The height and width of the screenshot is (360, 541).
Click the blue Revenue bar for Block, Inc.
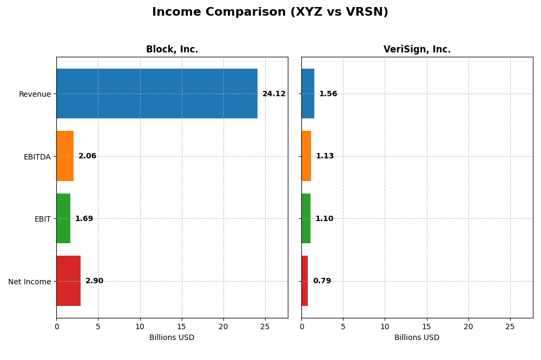point(157,94)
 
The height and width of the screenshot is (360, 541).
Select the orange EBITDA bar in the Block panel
point(65,156)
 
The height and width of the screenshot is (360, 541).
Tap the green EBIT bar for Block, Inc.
point(63,218)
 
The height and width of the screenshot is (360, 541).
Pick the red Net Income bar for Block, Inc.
point(69,281)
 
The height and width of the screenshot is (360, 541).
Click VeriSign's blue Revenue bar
point(308,94)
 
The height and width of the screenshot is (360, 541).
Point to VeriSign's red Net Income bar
point(305,281)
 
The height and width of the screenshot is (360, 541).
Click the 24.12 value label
point(274,94)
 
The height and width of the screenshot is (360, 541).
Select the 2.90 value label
point(94,281)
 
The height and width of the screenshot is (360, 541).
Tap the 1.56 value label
point(328,94)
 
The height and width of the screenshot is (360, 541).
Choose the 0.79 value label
point(322,281)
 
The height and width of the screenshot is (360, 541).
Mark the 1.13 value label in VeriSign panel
point(325,156)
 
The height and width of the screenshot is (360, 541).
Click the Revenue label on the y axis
point(35,94)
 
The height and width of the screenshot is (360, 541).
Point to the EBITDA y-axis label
point(37,157)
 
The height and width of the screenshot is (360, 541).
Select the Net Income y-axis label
point(29,282)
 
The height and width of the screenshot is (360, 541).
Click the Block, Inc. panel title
point(172,50)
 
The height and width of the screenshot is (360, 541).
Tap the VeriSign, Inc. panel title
point(417,50)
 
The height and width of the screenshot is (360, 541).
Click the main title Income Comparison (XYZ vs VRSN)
point(270,12)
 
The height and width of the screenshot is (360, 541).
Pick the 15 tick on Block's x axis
point(182,326)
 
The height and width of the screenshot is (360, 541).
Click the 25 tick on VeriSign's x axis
point(510,326)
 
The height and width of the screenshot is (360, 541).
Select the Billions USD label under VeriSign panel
point(417,338)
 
